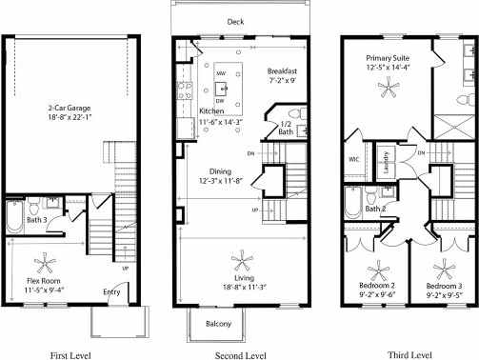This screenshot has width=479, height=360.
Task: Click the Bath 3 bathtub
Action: point(14,218)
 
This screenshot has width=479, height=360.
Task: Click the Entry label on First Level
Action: point(111,293)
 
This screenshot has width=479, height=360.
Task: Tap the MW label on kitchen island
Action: point(220,72)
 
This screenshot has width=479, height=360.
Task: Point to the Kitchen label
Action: point(211,111)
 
